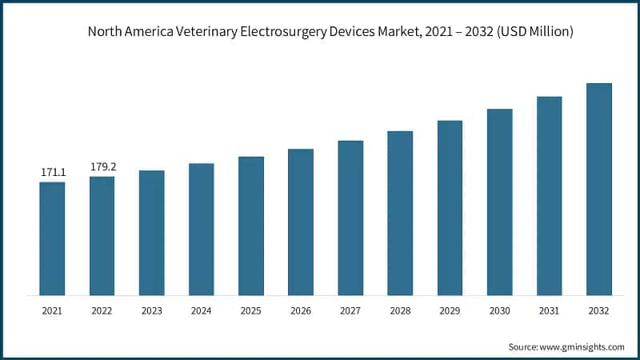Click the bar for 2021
52,238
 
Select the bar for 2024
202,230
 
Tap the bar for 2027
350,218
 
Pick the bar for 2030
499,202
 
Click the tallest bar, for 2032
598,189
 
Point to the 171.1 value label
52,173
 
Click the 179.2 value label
102,167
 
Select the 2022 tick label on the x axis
102,311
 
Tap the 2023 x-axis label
152,311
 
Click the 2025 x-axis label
251,311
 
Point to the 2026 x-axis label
301,311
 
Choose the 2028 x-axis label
400,311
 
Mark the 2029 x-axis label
450,311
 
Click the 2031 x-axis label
549,311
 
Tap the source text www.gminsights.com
583,346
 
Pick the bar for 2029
450,208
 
